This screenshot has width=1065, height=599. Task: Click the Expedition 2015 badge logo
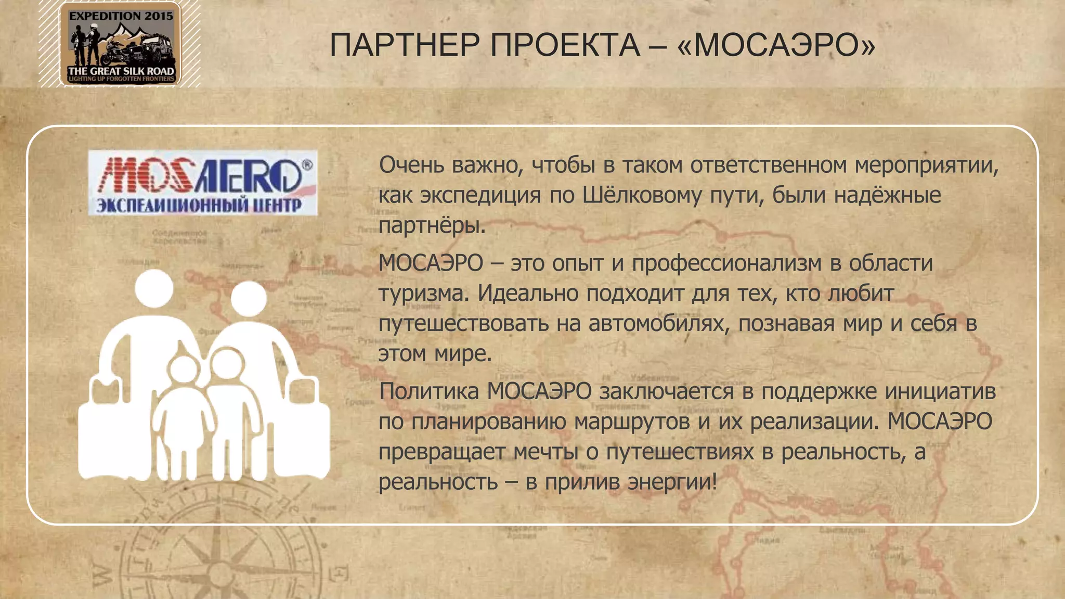click(x=120, y=44)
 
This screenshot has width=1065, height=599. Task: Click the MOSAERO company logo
click(x=203, y=183)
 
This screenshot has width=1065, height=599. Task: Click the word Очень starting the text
click(x=411, y=165)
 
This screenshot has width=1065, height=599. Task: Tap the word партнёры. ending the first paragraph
click(x=432, y=226)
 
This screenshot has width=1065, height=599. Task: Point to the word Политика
click(x=429, y=391)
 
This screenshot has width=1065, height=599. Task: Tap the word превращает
click(x=441, y=451)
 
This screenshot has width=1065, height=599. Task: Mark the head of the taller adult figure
click(x=154, y=288)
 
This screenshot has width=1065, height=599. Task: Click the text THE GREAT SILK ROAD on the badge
click(x=121, y=71)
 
